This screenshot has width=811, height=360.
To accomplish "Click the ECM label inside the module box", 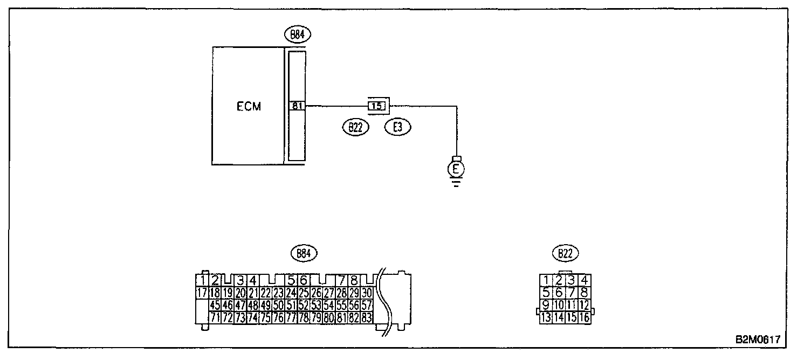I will [249, 106].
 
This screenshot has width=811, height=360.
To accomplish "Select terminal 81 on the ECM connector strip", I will [297, 106].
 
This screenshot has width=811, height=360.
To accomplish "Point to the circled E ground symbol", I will [456, 169].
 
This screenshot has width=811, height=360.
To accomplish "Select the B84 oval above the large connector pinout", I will [304, 253].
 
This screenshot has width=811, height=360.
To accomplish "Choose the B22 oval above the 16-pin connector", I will [564, 253].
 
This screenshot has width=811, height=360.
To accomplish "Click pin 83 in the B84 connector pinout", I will [367, 318].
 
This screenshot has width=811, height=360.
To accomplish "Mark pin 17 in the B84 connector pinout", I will [202, 293].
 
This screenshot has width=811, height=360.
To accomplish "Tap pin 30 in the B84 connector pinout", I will [367, 293].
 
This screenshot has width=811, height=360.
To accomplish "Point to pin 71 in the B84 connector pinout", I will [214, 318].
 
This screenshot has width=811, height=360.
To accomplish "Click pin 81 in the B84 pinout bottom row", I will [341, 318].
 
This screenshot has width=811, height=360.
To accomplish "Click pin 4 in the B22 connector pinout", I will [583, 280].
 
